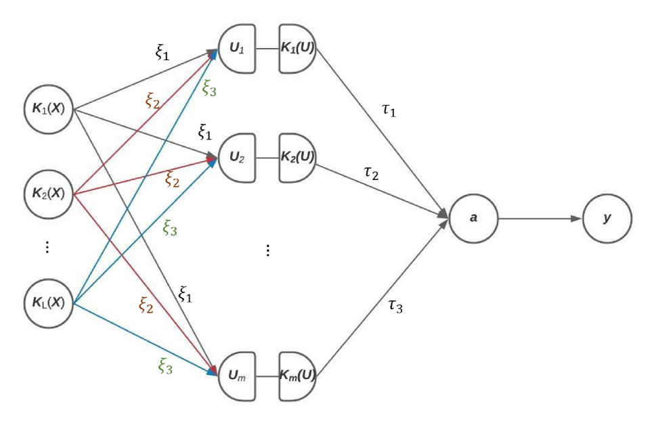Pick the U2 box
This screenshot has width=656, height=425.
pyautogui.click(x=236, y=160)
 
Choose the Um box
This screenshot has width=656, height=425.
pyautogui.click(x=236, y=373)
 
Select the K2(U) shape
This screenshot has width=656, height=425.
pyautogui.click(x=297, y=160)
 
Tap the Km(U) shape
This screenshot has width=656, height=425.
pyautogui.click(x=297, y=373)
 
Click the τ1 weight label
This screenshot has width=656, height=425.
pyautogui.click(x=389, y=110)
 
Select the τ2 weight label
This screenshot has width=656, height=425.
pyautogui.click(x=370, y=175)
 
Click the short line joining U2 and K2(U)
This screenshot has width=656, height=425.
pyautogui.click(x=267, y=160)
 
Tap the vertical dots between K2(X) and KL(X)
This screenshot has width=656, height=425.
pyautogui.click(x=47, y=248)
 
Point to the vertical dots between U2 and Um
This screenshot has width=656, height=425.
pyautogui.click(x=268, y=251)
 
